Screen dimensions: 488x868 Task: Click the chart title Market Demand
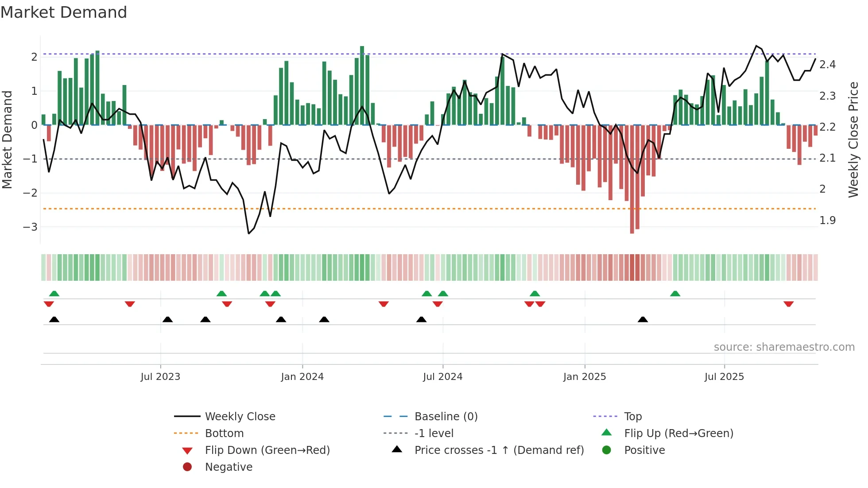64,12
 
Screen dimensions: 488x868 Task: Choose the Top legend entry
632,416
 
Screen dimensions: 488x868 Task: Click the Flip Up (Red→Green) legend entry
678,433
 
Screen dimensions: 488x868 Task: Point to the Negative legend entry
229,467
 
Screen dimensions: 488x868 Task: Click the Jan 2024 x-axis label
302,376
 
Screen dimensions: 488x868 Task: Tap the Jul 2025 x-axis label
724,376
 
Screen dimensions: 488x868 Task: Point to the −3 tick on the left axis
30,227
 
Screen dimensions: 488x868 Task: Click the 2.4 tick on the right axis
827,65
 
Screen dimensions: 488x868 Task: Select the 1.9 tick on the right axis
827,220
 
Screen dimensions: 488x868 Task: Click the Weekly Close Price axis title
853,139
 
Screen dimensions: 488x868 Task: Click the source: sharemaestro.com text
784,347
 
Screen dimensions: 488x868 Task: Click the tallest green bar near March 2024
362,84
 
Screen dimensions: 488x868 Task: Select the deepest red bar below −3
632,179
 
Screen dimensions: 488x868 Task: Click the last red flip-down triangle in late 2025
788,304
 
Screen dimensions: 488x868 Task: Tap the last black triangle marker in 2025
643,319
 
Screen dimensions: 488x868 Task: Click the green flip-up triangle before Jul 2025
675,294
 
